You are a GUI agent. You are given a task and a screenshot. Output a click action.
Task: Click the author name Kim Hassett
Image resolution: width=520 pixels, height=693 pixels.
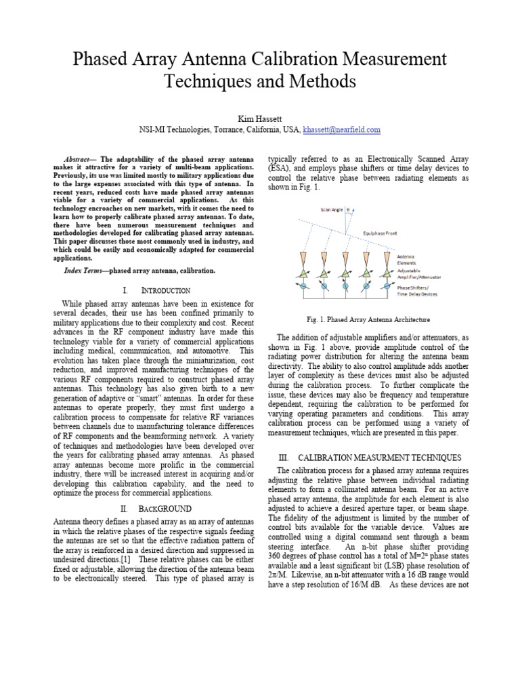coord(259,118)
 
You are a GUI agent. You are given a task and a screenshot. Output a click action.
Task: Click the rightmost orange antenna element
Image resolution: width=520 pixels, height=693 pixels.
coord(387,259)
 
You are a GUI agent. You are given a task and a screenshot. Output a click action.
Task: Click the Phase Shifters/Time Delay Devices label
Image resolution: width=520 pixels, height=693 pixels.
coord(418,291)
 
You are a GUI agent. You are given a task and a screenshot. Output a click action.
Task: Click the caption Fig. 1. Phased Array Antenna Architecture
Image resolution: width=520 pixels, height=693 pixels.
coord(368,319)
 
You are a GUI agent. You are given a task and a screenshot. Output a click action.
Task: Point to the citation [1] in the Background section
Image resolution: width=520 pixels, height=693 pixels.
coord(125,562)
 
